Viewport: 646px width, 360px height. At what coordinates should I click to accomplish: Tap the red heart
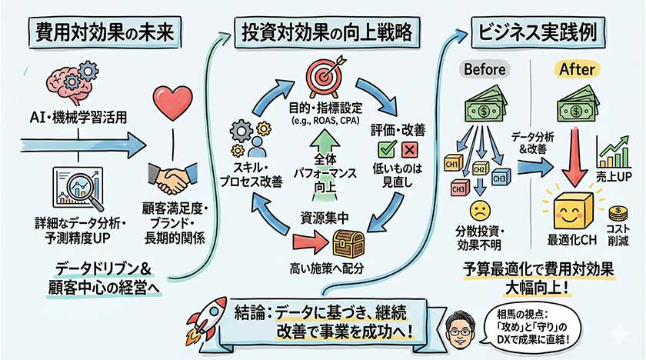[171, 102]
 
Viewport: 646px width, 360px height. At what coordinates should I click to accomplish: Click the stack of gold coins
[617, 213]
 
